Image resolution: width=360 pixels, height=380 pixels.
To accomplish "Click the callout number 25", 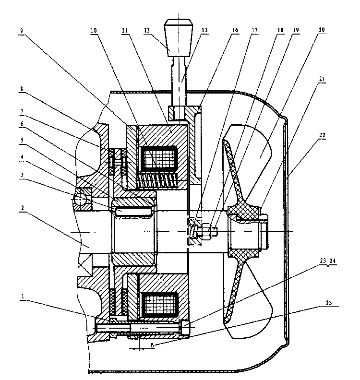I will (x=328, y=303).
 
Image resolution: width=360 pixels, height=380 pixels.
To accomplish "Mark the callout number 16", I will (x=235, y=29).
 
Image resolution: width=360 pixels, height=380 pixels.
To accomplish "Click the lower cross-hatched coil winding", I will (x=160, y=304).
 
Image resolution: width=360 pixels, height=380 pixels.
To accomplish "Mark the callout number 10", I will (x=93, y=29).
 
